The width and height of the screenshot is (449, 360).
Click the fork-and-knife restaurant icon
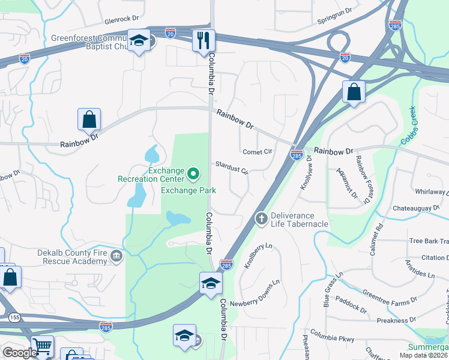pos(203,40)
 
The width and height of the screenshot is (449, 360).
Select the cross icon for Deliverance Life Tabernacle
pos(261,219)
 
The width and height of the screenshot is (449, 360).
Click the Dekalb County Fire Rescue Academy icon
pos(116,257)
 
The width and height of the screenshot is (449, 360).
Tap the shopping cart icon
pos(42,347)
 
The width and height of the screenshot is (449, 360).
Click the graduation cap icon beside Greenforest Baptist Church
pos(139,41)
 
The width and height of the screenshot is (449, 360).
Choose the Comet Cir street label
pos(258,152)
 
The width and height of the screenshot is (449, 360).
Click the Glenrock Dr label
pos(121,20)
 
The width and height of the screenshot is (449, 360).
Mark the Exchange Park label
pos(188,190)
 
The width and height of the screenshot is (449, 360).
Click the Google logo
pos(19,352)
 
